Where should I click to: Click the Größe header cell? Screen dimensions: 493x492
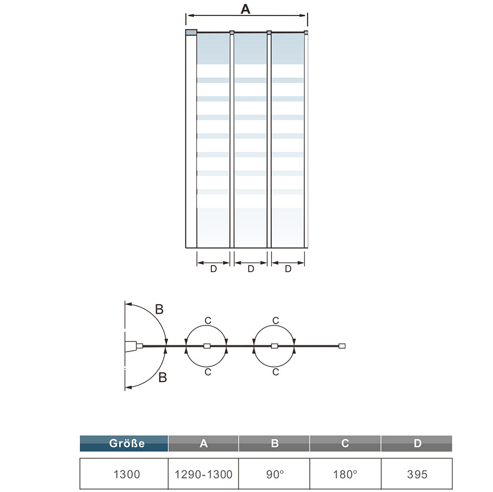tap(124, 443)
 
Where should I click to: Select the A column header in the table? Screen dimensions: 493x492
tap(204, 443)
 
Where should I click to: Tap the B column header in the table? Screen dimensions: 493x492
tap(274, 443)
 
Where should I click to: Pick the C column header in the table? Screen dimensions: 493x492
tap(345, 443)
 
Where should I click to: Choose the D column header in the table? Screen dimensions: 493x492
tap(417, 443)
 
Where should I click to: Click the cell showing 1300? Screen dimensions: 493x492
tap(127, 474)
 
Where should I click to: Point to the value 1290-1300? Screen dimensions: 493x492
tap(204, 474)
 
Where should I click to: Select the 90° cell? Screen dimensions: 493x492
tap(275, 474)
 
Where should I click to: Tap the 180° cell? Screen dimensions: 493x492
tap(345, 474)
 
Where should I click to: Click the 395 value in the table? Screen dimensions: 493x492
tap(417, 474)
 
